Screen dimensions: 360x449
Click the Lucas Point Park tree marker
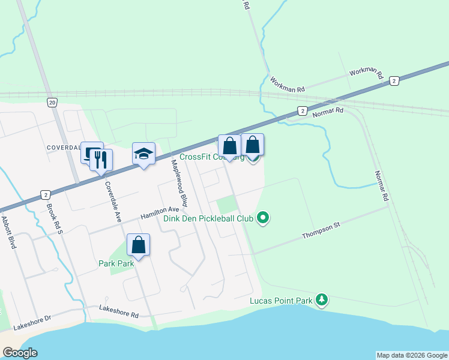(322, 299)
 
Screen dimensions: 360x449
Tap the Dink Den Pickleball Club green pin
(262, 218)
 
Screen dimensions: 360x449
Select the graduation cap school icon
(143, 154)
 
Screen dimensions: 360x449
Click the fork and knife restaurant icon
(100, 160)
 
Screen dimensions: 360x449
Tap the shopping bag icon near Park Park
(138, 245)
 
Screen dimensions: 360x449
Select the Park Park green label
(116, 263)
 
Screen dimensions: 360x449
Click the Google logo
(20, 353)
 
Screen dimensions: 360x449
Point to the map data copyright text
(411, 355)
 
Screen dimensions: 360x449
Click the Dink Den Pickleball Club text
(208, 218)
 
